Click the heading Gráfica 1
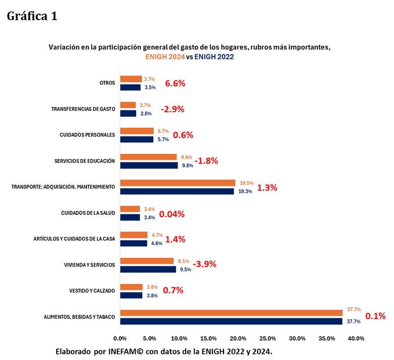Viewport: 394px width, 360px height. coord(32,16)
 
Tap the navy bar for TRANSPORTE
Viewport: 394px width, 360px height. coord(176,191)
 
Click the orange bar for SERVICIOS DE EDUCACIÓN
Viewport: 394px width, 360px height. coord(148,157)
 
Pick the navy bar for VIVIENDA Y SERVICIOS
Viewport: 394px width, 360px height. coord(147,269)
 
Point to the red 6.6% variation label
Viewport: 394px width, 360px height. coord(175,83)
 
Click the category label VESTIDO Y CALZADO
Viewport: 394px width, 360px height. coord(92,290)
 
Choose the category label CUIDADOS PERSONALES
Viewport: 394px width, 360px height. coord(87,135)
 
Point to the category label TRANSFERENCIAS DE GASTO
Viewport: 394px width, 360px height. coord(83,109)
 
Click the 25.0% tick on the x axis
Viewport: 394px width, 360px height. coord(268,338)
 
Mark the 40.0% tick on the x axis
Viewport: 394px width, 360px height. coord(356,338)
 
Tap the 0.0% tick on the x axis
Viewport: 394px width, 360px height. coord(120,338)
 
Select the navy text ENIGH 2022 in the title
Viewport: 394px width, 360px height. coord(214,57)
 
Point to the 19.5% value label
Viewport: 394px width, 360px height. coord(246,183)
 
